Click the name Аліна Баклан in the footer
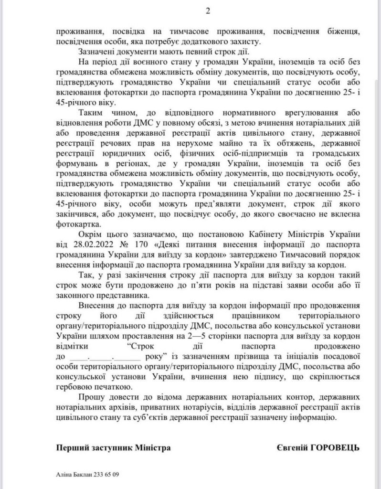tap(72, 476)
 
